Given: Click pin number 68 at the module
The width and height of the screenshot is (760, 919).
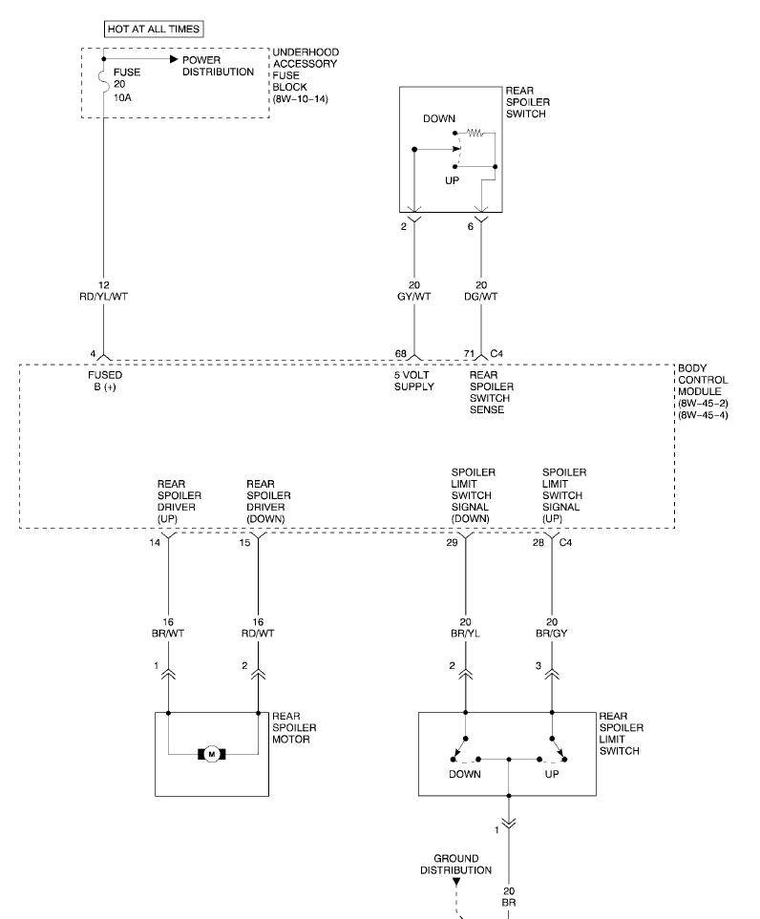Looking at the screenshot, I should click(x=401, y=354).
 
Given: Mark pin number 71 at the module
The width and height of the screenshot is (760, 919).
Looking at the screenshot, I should click(x=470, y=354).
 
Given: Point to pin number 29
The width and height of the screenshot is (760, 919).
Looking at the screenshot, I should click(x=453, y=542).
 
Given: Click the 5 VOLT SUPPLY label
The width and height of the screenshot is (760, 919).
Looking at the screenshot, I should click(x=414, y=381).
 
